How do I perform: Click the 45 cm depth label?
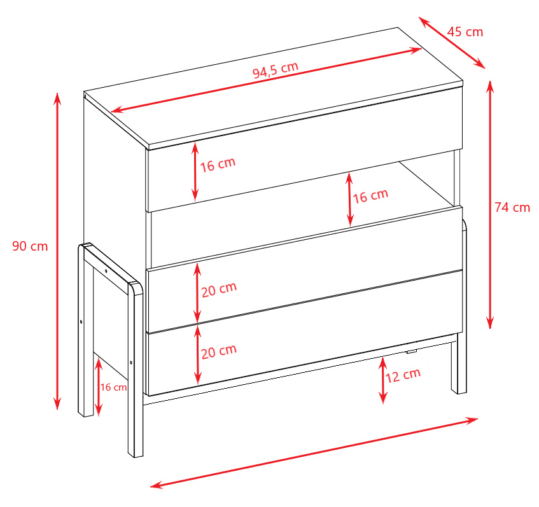tap(465, 32)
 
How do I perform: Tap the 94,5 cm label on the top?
tap(276, 70)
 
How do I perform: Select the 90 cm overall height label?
tap(30, 246)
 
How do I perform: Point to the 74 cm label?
tap(512, 207)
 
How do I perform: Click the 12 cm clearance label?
tap(403, 375)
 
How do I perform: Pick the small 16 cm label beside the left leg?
tap(113, 387)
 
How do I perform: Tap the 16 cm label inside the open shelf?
tap(370, 196)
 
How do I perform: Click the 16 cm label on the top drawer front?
tap(218, 164)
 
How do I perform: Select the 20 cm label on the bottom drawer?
tap(219, 351)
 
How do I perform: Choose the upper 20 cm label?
tap(219, 289)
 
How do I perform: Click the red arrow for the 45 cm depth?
tap(452, 43)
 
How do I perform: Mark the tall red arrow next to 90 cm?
tap(57, 251)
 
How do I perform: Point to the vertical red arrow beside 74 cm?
tap(490, 205)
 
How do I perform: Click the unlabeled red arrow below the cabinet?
tap(314, 453)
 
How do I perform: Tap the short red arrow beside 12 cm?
tap(382, 380)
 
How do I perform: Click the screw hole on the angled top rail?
tap(106, 271)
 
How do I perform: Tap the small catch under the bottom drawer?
tap(411, 352)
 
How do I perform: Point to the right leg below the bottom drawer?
tap(459, 365)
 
